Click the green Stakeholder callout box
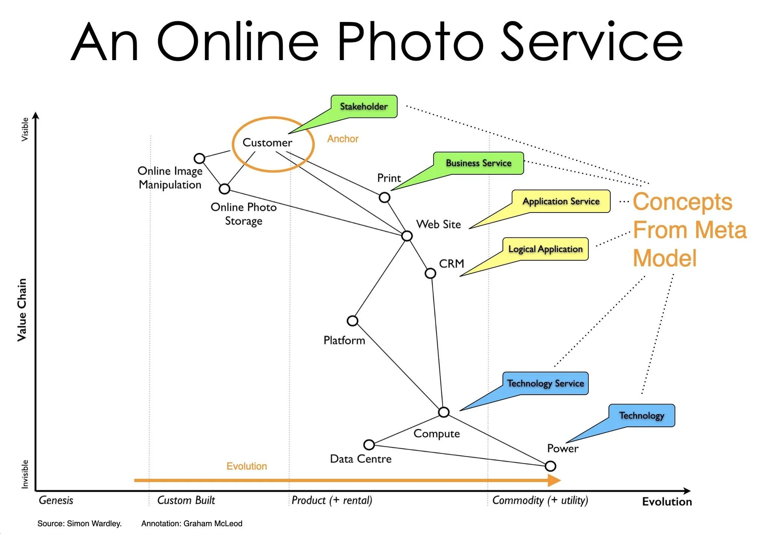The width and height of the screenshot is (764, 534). [x=364, y=106]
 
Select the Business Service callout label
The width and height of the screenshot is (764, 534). [x=478, y=163]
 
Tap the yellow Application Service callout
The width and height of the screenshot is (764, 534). [x=561, y=201]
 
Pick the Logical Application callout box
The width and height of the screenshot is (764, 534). [x=545, y=249]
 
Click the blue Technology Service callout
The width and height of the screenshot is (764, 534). [x=545, y=384]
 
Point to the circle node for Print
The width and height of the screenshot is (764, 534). [x=384, y=197]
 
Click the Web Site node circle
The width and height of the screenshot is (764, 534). [x=407, y=236]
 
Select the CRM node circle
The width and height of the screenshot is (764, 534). [x=430, y=273]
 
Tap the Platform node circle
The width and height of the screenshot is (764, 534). [x=352, y=321]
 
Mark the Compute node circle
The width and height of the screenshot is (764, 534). [x=443, y=412]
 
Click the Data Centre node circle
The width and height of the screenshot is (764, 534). [x=369, y=445]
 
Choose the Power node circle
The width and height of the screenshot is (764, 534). [x=550, y=466]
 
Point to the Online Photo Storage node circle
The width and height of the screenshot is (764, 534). [x=224, y=189]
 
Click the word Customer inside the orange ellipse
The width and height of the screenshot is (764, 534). [x=267, y=143]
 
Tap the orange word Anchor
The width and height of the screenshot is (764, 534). [x=342, y=139]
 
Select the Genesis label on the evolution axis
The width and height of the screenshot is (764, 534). [x=56, y=500]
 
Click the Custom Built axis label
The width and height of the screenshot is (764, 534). [x=186, y=500]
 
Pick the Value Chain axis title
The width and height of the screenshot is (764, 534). [x=22, y=310]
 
